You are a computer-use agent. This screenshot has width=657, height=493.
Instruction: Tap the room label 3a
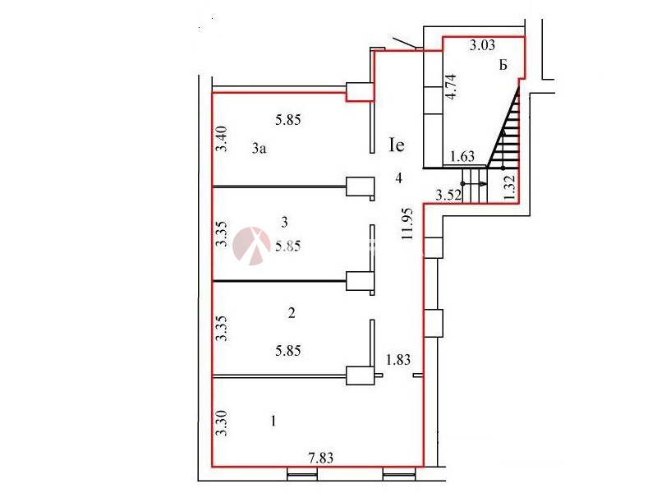click(x=260, y=149)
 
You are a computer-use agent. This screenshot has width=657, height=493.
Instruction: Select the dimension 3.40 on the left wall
click(x=220, y=138)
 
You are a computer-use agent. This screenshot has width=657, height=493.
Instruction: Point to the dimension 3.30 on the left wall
click(x=220, y=422)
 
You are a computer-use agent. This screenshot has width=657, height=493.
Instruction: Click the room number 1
click(x=273, y=421)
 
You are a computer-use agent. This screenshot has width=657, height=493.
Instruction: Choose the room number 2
click(x=292, y=313)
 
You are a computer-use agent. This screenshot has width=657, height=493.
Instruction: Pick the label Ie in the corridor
click(x=397, y=146)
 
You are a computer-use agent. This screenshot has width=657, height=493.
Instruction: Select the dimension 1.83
click(x=398, y=358)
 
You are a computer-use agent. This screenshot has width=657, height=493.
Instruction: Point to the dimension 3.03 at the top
click(x=482, y=46)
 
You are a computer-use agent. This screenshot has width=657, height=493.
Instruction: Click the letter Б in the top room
click(x=503, y=67)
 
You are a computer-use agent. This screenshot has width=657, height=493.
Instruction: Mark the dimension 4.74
click(x=450, y=86)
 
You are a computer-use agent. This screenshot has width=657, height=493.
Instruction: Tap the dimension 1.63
click(x=464, y=156)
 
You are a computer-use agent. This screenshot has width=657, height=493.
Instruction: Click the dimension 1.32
click(x=510, y=188)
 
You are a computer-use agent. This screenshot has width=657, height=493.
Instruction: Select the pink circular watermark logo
click(x=252, y=245)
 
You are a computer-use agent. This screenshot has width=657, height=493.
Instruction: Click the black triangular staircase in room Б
click(x=508, y=131)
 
